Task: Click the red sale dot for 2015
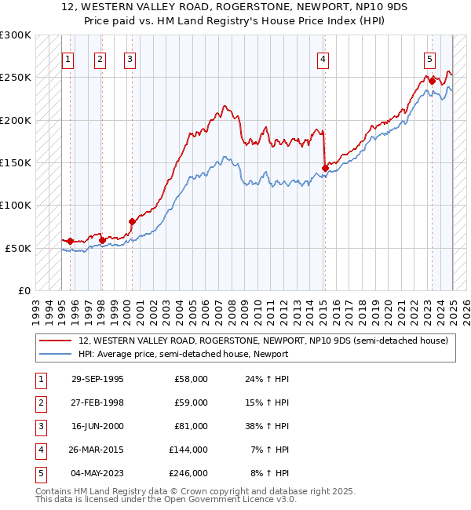pos(325,167)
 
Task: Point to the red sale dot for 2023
pos(432,80)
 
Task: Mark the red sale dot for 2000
pos(132,221)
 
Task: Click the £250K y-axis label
pos(16,78)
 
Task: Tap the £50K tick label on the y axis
pos(19,248)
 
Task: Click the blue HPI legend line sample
pos(55,354)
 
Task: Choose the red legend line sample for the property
pos(55,341)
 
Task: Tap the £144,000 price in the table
pos(188,450)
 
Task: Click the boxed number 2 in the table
pos(40,403)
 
